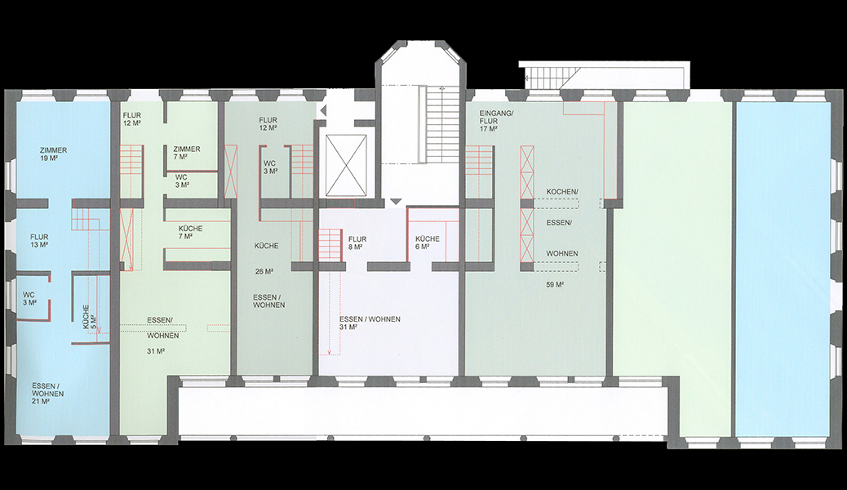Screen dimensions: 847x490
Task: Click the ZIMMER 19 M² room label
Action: pos(54,154)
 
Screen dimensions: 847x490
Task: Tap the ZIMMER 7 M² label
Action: pos(186,153)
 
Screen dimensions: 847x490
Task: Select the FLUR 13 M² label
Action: pos(39,241)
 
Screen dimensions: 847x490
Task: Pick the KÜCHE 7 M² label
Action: pos(190,233)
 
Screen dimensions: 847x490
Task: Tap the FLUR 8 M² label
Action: pos(357,243)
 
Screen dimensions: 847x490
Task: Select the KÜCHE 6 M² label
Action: pos(428,243)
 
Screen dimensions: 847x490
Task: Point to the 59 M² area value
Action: pos(555,284)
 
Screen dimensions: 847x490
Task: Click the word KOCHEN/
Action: pos(562,192)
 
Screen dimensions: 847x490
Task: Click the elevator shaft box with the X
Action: pos(346,165)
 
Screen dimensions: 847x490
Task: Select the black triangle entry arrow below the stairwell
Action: pos(397,202)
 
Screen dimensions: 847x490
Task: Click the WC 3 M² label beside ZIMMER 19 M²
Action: pos(29,299)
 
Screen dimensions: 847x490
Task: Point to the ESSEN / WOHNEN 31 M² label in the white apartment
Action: pos(370,323)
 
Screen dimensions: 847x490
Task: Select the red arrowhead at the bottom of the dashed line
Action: pos(329,354)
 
